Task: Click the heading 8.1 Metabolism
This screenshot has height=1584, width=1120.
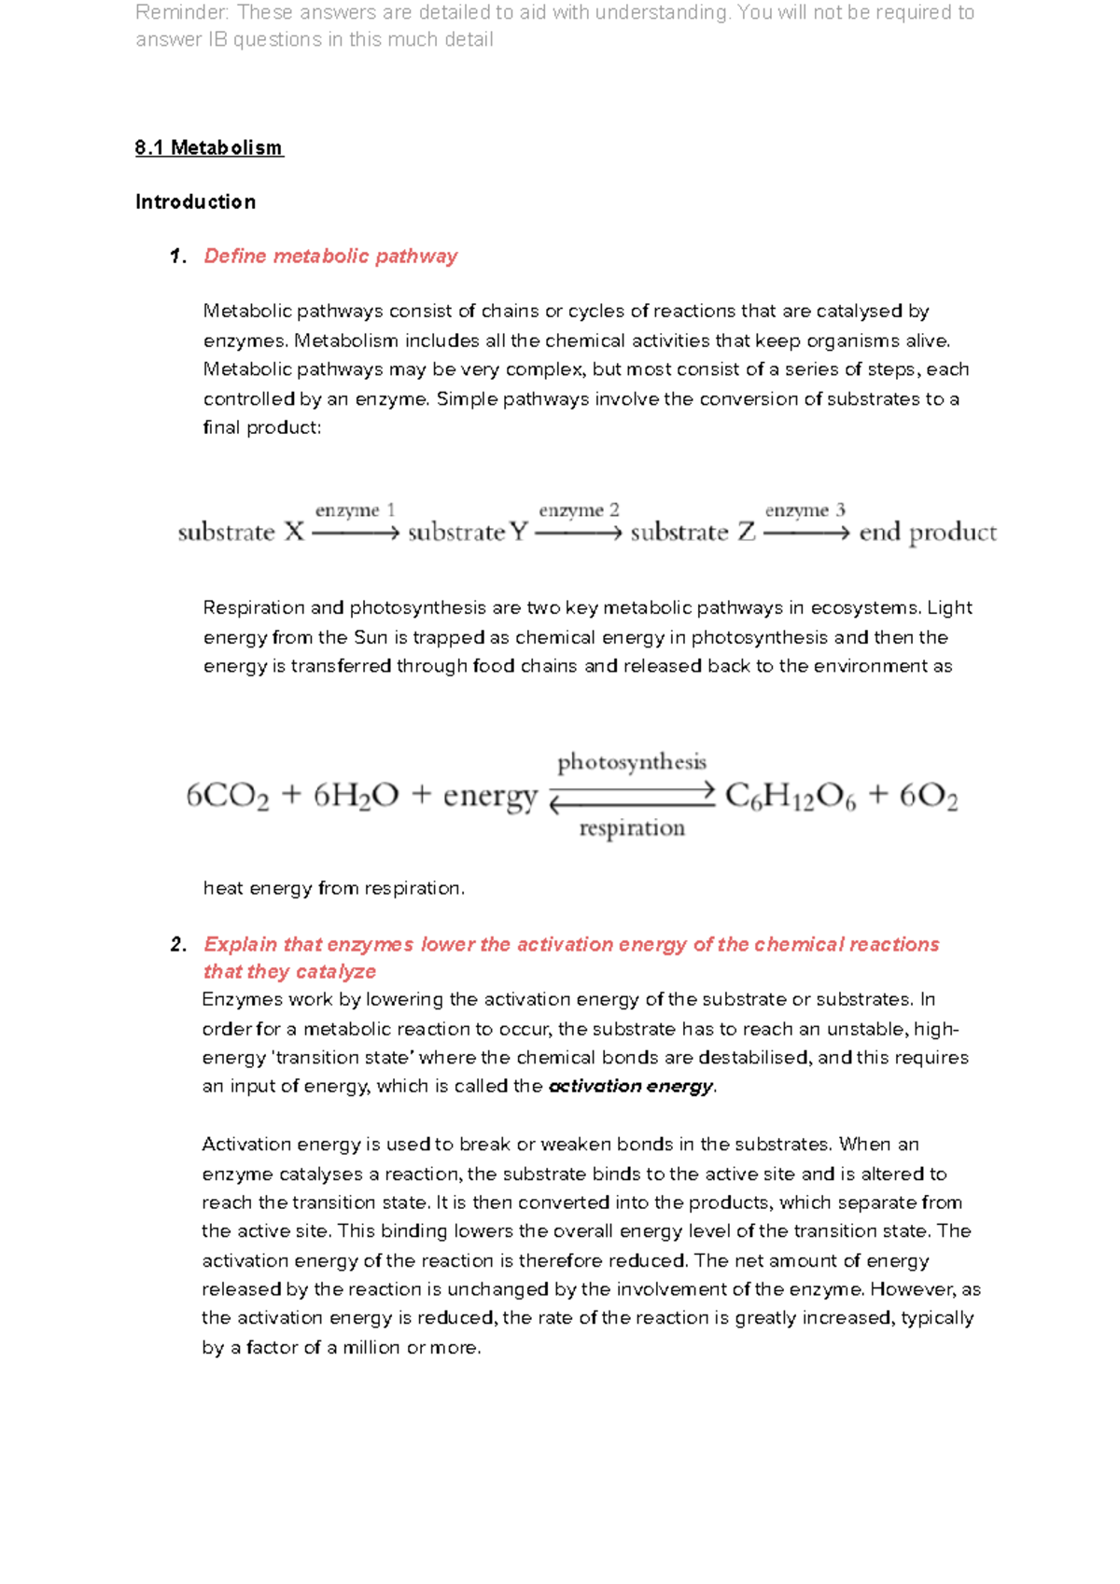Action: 209,148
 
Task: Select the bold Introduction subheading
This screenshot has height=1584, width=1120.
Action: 195,202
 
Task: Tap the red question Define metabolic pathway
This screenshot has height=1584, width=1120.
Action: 330,257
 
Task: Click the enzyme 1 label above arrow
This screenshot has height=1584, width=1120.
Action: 355,510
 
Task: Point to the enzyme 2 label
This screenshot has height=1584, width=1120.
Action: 579,510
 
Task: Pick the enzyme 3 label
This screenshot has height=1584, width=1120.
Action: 805,510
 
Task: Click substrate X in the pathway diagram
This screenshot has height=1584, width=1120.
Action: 241,533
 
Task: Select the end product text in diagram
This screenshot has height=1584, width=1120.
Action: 927,533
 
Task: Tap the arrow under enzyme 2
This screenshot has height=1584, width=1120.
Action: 578,534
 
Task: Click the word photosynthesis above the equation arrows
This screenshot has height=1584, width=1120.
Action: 632,762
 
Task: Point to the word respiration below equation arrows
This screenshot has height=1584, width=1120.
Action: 632,828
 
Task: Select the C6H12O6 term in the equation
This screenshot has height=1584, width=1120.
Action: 790,797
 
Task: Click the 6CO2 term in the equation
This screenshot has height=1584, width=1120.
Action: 227,797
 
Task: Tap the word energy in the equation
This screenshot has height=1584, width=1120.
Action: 490,797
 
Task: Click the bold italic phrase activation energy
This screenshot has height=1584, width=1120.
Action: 631,1087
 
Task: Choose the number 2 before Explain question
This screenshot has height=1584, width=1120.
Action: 177,945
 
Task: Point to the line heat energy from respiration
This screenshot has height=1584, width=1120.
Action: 333,889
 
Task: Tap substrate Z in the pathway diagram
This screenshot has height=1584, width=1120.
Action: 693,533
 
